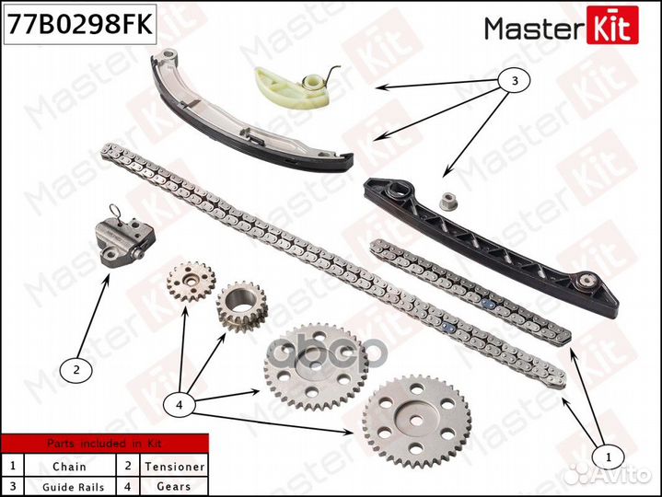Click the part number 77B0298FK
point(80,24)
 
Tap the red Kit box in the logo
point(612,26)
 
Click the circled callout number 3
point(515,80)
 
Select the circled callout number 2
point(76,370)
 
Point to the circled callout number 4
point(180,405)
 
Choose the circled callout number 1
point(608,457)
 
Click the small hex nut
point(448,202)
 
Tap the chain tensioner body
point(124,241)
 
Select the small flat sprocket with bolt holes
point(192,282)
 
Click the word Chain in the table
point(69,467)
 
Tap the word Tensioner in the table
point(174,467)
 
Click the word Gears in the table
point(173,486)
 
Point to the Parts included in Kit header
point(104,443)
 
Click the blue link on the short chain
point(488,304)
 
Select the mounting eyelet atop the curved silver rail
point(168,55)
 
